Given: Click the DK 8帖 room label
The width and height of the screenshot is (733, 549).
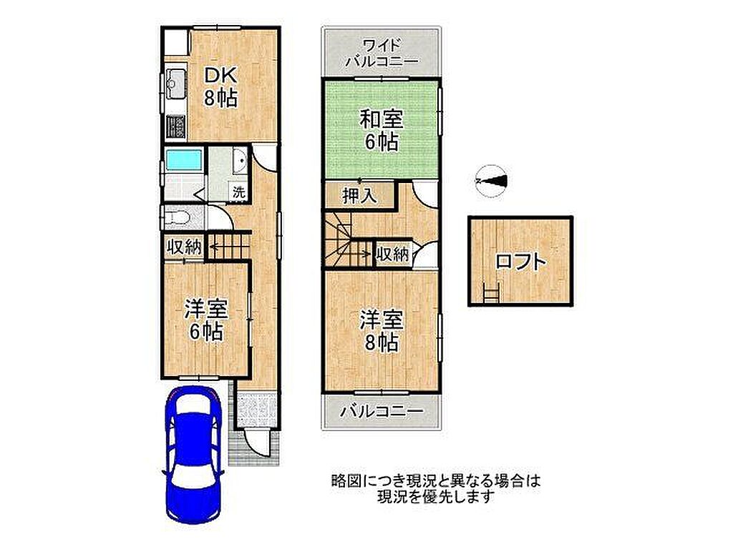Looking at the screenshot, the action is [x=220, y=86].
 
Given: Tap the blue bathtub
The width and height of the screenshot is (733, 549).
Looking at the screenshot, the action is [x=184, y=160].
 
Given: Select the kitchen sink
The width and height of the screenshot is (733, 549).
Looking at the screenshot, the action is [x=176, y=84].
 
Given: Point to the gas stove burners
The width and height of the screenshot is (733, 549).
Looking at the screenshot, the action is [x=176, y=127].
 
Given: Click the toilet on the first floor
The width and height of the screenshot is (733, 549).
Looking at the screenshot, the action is [x=178, y=217].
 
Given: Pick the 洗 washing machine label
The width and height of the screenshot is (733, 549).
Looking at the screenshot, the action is [x=239, y=192].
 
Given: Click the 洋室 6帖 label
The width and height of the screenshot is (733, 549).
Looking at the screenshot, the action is [x=206, y=320].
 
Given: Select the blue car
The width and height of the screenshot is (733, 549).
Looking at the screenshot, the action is [x=193, y=456].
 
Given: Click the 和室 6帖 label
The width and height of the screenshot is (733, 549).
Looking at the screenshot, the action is [x=382, y=130].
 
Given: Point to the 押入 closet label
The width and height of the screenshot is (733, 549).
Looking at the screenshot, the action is [x=359, y=196].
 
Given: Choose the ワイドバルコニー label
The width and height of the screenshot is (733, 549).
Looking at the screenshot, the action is [x=382, y=53].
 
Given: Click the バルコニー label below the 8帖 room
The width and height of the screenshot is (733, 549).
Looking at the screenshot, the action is [x=382, y=411].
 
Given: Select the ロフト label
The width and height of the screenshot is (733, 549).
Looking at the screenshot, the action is [x=520, y=262].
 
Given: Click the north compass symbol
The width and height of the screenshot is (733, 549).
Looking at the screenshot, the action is [x=490, y=181].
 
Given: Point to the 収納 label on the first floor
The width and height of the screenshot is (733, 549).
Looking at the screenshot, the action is [x=185, y=247].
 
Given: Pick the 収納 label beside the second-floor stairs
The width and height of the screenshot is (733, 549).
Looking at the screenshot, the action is [x=393, y=254].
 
